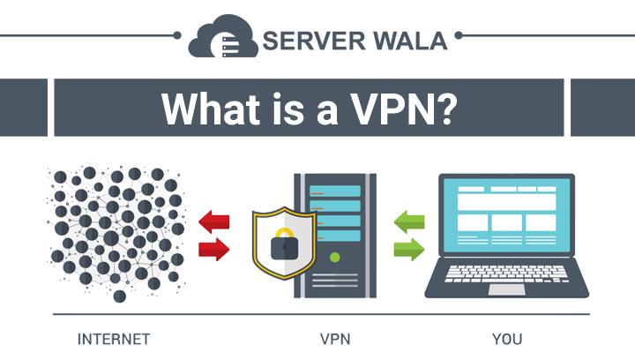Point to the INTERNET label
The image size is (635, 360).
point(114,339)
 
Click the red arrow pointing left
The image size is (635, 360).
point(213,221)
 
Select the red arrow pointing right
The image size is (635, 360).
point(213,249)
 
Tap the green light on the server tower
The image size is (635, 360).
point(334,259)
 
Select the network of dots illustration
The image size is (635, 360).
point(116,231)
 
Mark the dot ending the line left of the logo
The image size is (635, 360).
point(177,36)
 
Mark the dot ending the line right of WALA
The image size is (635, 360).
point(459,36)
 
